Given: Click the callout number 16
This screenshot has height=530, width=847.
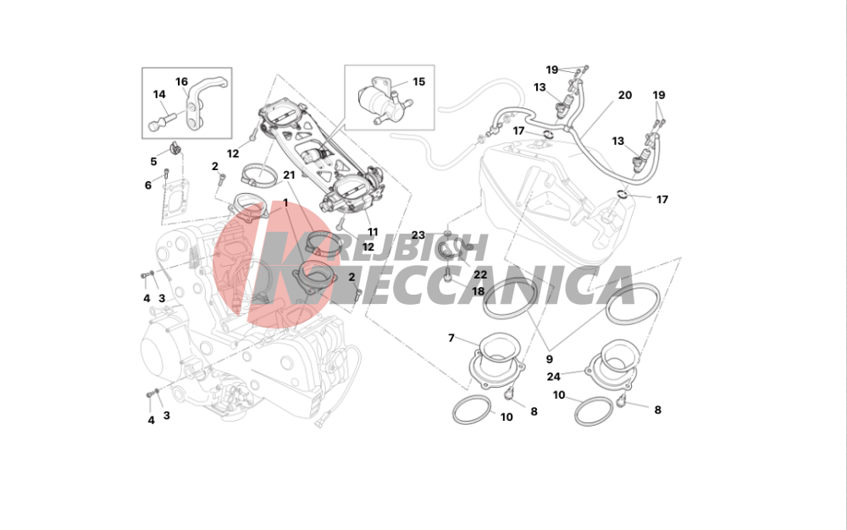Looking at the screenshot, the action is (181, 81).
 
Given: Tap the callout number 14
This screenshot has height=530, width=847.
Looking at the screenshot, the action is (159, 95).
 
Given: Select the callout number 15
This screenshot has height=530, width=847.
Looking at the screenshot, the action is (418, 81).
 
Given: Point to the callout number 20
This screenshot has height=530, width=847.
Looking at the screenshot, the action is (624, 95).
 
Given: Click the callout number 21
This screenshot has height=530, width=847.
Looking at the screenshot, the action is (289, 175).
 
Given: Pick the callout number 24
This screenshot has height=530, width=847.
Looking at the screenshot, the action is (553, 376).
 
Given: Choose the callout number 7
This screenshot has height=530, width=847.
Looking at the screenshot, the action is (451, 338).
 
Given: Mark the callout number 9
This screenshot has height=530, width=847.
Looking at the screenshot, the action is (549, 359).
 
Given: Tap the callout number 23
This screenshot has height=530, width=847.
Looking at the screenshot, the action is (418, 235).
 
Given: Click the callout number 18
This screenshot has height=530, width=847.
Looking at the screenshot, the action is (478, 291).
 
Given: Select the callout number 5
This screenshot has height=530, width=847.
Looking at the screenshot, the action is (153, 162).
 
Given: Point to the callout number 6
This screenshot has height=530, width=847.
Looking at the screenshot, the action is (148, 185).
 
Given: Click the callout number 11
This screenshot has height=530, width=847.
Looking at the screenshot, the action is (373, 232).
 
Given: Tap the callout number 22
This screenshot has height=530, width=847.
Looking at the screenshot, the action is (480, 274).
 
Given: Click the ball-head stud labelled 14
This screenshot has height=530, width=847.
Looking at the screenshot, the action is (160, 121).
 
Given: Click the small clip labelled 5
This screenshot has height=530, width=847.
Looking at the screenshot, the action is (174, 146).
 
